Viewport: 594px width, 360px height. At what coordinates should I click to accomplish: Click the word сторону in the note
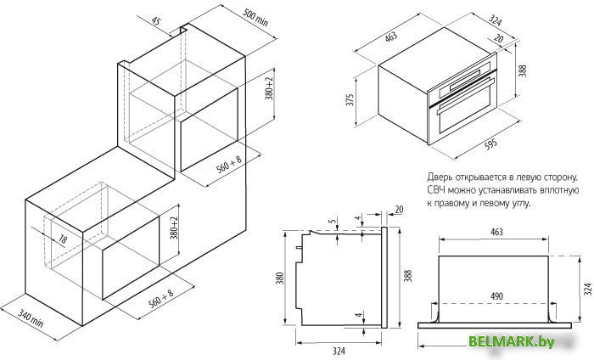[557, 177]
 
